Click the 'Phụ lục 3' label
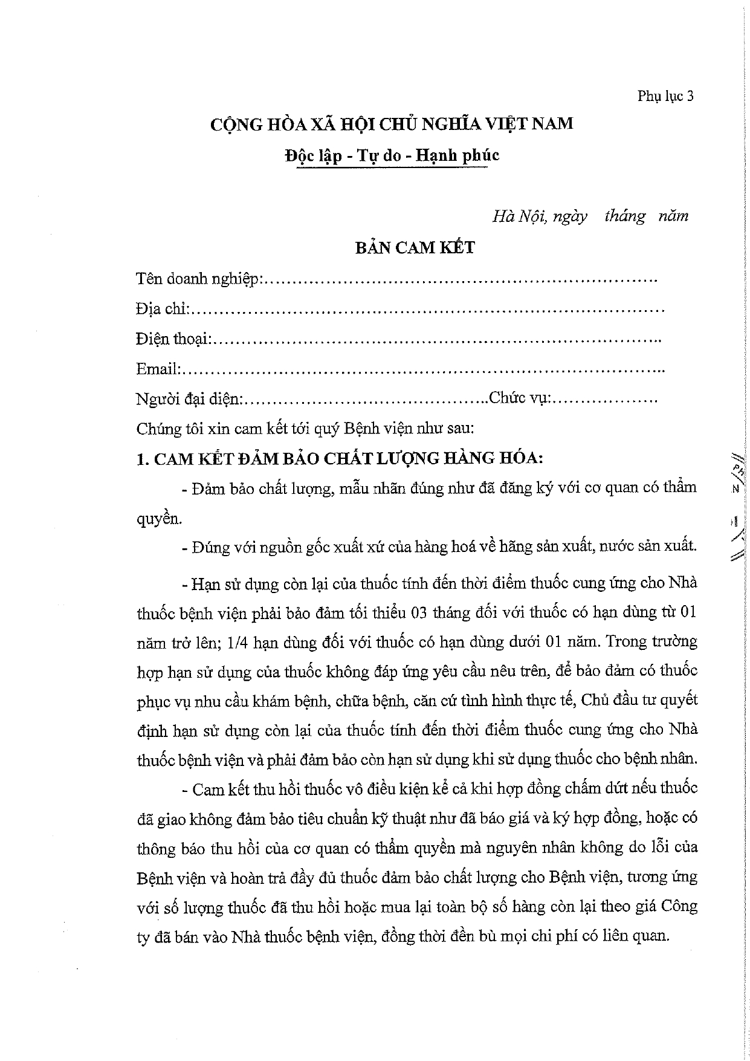(x=665, y=96)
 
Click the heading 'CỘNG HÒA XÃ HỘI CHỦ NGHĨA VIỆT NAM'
(x=392, y=124)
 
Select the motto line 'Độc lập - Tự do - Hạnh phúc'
(x=392, y=155)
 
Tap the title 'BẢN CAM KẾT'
(x=414, y=247)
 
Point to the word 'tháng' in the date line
(x=624, y=216)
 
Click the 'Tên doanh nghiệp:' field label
(x=198, y=279)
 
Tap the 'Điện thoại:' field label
(x=173, y=339)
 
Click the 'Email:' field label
(x=158, y=369)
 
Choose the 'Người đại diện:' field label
(x=190, y=399)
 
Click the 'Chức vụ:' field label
(x=521, y=398)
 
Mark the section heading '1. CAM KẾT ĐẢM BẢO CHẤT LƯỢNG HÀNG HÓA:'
(x=340, y=458)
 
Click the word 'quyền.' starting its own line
(x=159, y=519)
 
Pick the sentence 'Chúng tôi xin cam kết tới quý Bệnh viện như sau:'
(x=305, y=429)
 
